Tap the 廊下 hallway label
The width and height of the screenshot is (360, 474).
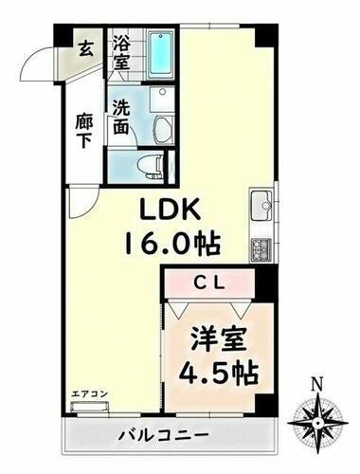[84, 135]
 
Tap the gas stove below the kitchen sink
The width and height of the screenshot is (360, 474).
[261, 248]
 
